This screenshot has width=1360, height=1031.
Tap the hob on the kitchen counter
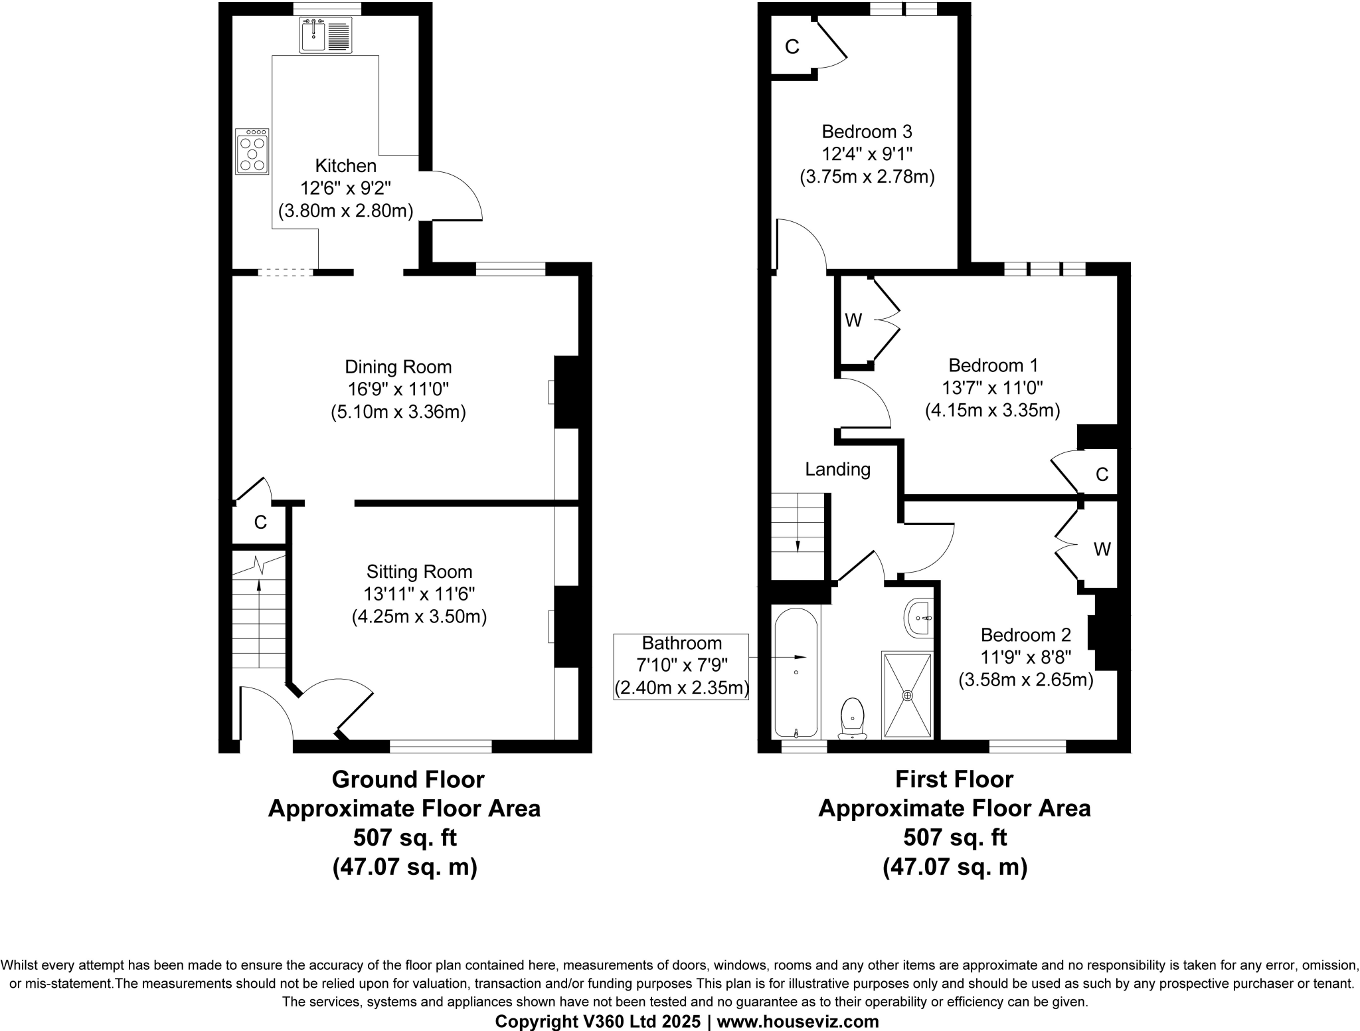(252, 152)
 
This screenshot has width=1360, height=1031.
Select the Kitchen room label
(345, 165)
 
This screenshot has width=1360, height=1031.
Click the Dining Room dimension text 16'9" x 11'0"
(398, 389)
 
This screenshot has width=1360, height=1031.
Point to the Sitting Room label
(419, 571)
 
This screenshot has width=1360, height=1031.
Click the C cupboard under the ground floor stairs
(260, 523)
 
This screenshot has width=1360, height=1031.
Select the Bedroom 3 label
(867, 132)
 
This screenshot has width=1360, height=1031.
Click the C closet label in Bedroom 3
(792, 47)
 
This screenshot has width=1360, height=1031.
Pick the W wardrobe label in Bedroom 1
(853, 321)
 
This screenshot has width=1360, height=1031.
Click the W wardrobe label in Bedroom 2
(1102, 549)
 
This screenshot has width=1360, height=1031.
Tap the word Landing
(837, 470)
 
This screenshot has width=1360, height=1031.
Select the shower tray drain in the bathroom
(907, 695)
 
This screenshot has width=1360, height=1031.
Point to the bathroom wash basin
(920, 618)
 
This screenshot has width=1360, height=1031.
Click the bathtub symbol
(796, 672)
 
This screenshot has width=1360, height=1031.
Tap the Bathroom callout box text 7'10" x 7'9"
(681, 665)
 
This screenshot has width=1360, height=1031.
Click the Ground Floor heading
(408, 779)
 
